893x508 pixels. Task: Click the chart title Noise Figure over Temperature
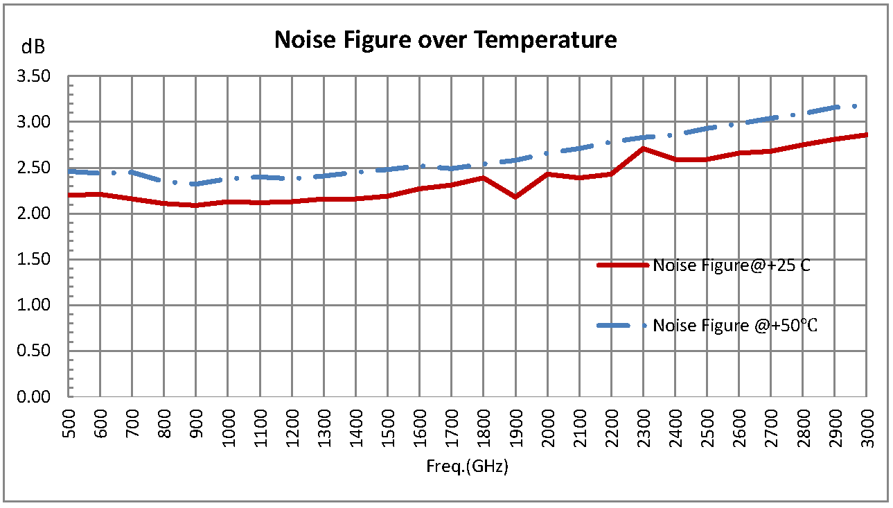[445, 40]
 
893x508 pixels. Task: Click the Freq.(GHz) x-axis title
[467, 466]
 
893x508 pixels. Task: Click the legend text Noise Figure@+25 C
[731, 265]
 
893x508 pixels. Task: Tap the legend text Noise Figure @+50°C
[735, 326]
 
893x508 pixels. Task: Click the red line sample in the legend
[623, 265]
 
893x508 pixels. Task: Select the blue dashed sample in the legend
[623, 325]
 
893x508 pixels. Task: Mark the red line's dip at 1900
[515, 197]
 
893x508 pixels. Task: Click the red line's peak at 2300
[644, 148]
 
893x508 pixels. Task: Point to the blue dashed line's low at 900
[196, 184]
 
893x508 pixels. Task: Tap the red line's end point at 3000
[866, 134]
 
